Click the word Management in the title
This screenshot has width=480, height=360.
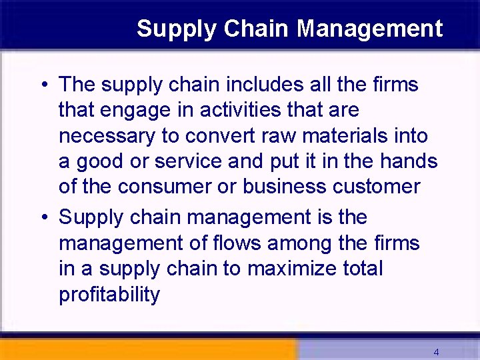pyautogui.click(x=369, y=29)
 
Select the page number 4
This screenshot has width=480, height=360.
pyautogui.click(x=436, y=352)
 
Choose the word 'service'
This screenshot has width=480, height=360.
pyautogui.click(x=191, y=161)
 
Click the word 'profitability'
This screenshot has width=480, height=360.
pyautogui.click(x=109, y=295)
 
